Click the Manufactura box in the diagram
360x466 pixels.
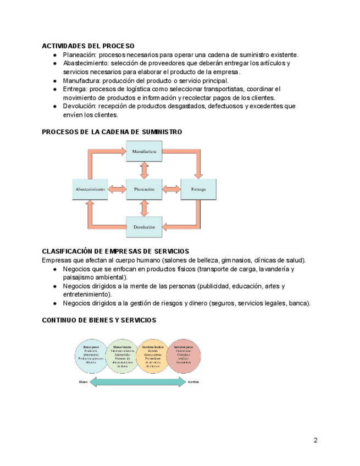tap(144, 151)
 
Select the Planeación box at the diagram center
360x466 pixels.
tap(144, 189)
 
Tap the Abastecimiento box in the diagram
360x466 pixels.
tap(90, 189)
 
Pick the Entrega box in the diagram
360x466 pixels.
tap(198, 189)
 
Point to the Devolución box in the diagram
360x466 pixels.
tap(144, 226)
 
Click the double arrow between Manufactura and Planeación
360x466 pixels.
tap(144, 170)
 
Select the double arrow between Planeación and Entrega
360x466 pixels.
tap(171, 189)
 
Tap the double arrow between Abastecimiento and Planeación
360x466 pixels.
tap(117, 189)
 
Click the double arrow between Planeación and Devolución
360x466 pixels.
tap(144, 208)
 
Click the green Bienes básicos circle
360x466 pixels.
tap(122, 356)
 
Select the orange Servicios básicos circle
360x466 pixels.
tap(153, 356)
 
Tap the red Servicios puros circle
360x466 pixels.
tap(183, 356)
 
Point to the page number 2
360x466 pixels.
tap(315, 440)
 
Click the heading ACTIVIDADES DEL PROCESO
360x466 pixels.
tap(88, 46)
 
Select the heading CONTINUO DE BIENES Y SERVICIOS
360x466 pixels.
tap(99, 320)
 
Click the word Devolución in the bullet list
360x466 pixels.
tap(80, 106)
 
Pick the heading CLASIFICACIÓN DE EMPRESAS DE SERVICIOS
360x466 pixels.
tap(115, 252)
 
